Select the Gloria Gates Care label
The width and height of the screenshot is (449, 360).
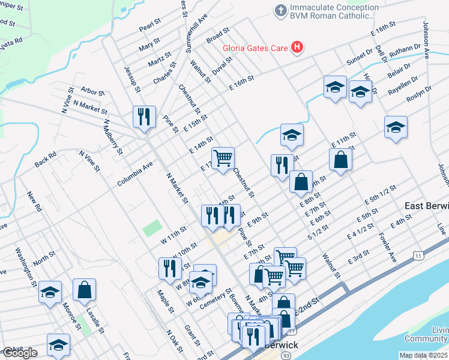click(255, 47)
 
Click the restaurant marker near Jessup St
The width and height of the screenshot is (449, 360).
click(144, 116)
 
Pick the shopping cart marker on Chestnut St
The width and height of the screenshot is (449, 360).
click(223, 158)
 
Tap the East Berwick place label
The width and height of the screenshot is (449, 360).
click(426, 206)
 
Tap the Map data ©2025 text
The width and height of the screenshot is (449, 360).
click(424, 355)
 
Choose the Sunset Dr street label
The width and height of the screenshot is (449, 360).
click(360, 58)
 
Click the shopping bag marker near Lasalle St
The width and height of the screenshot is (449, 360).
click(85, 290)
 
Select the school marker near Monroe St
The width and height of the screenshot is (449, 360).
click(50, 292)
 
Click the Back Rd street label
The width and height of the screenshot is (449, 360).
click(45, 158)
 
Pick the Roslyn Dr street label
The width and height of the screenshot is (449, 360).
click(418, 93)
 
